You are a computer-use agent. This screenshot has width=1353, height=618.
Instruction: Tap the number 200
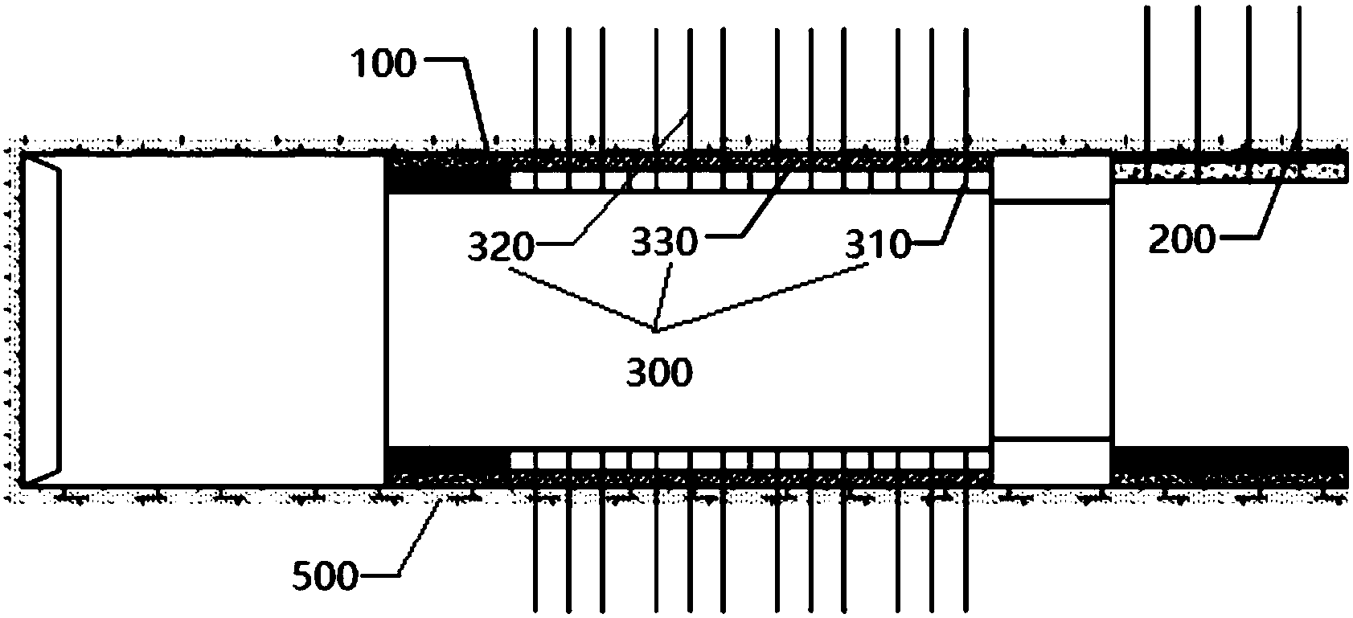(1181, 239)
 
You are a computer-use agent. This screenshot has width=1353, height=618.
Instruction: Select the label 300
(658, 373)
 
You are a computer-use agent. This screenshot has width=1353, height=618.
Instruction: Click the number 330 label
(664, 242)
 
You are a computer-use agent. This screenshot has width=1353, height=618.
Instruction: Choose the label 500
(325, 576)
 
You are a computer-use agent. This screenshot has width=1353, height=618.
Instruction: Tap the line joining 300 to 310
(764, 298)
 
